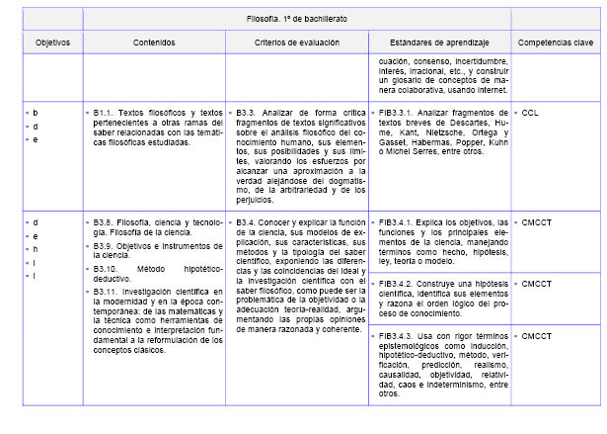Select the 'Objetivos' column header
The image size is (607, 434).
[x=46, y=43]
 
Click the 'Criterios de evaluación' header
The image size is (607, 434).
[x=295, y=43]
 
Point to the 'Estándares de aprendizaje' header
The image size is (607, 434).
[x=438, y=43]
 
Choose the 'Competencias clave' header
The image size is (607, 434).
[x=556, y=43]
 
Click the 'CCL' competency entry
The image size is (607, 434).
[x=530, y=114]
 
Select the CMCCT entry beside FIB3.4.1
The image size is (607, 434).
[x=537, y=222]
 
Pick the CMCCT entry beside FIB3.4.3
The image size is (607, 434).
[x=537, y=337]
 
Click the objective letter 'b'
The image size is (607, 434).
[x=36, y=114]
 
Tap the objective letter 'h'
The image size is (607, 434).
[x=36, y=249]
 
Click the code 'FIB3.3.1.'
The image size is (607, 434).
[x=401, y=114]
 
